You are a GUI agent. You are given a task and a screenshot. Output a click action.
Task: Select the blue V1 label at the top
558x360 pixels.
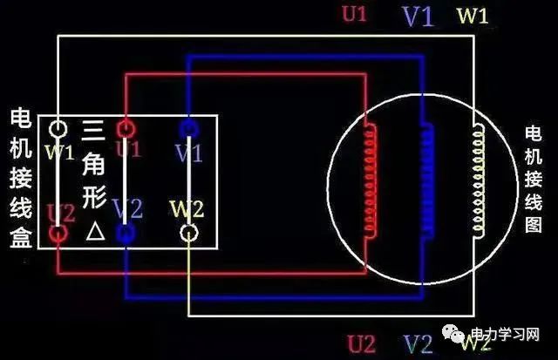pos(417,17)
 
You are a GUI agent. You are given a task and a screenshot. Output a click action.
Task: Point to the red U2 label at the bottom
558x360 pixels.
pos(360,342)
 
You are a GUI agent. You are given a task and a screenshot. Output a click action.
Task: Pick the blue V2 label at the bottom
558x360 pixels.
pos(419,343)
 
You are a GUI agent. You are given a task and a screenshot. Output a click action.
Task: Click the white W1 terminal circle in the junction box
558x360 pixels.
pos(58,129)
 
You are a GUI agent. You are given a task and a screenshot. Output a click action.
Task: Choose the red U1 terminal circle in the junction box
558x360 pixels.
pos(126,129)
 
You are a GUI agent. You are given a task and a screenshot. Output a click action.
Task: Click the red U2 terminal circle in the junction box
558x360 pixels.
pos(58,234)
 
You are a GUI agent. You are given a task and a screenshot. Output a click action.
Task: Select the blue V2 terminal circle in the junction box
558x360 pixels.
pos(126,234)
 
